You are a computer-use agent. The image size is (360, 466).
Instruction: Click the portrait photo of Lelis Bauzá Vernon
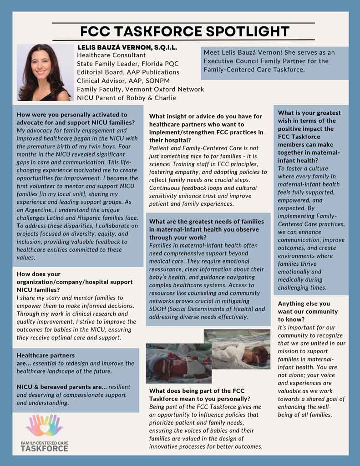tap(44, 72)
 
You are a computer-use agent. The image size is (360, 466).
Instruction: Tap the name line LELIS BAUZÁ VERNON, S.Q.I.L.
tap(127, 47)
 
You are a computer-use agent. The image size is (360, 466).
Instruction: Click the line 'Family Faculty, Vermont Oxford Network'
tap(140, 89)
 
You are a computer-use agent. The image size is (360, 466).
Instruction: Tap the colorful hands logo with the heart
tap(44, 425)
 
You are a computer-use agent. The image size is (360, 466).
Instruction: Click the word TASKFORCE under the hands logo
tap(44, 448)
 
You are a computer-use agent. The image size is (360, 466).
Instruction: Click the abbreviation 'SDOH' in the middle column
tap(157, 309)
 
